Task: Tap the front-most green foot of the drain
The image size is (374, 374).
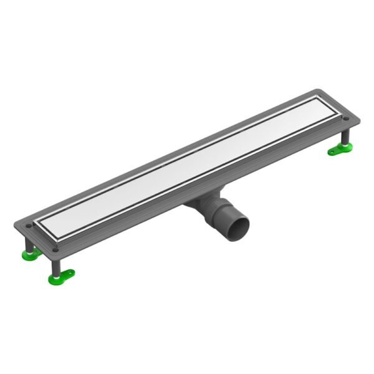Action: click(x=62, y=275)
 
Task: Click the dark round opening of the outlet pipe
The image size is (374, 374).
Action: click(x=239, y=225)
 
